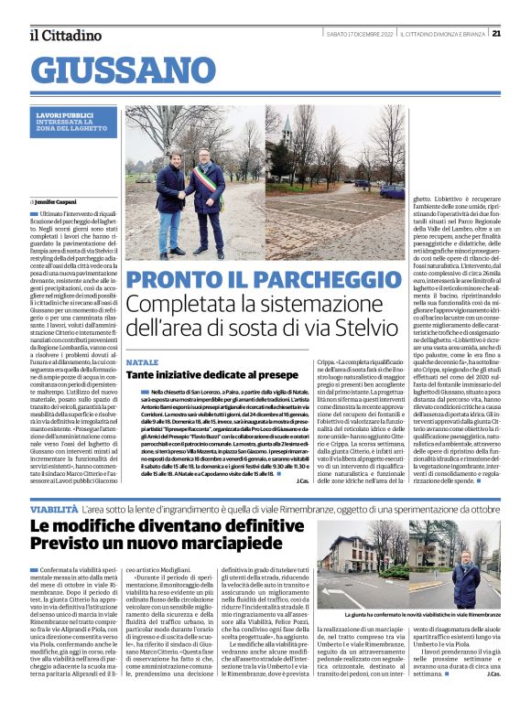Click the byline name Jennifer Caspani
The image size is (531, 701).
point(60,200)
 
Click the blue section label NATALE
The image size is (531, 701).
point(143,361)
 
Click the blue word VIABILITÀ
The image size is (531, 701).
point(54,506)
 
